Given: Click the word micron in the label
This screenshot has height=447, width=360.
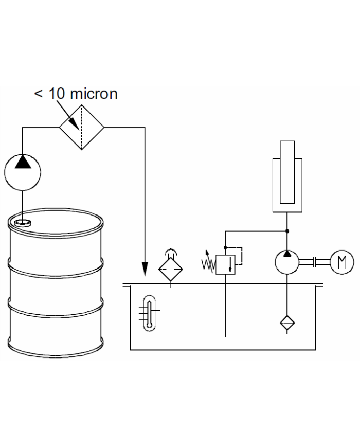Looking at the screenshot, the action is click(94, 94).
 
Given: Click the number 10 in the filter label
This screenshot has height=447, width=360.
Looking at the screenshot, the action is click(57, 94).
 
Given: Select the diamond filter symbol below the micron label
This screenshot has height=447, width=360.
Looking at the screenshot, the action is click(82, 127).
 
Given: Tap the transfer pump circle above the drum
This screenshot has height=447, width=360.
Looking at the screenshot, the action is click(23, 172).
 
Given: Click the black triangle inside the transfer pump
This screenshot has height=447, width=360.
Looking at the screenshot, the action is click(23, 162).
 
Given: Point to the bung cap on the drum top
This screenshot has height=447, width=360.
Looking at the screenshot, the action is click(23, 223).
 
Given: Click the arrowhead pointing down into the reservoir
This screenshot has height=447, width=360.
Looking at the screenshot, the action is click(145, 269).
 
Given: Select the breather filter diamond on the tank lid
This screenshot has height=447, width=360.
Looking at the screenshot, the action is click(170, 269).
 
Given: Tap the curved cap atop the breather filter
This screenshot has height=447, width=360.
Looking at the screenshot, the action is click(170, 253).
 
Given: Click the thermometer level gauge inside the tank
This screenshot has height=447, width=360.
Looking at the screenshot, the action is click(149, 313).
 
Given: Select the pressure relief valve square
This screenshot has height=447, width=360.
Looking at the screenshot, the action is click(225, 264).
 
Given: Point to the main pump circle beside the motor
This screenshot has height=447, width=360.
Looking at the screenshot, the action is click(287, 262).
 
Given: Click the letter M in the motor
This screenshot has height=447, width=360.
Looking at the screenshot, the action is click(342, 262).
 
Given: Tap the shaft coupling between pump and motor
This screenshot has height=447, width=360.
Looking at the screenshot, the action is click(315, 262).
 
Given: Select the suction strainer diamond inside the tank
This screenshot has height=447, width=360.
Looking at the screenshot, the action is click(287, 323).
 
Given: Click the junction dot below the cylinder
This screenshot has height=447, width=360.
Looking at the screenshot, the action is click(287, 231).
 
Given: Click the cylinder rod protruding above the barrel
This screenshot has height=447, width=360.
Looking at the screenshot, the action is click(287, 172).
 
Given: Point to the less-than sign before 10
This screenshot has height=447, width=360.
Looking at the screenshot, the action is click(39, 94).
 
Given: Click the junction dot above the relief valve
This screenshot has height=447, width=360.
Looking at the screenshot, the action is click(225, 248).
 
